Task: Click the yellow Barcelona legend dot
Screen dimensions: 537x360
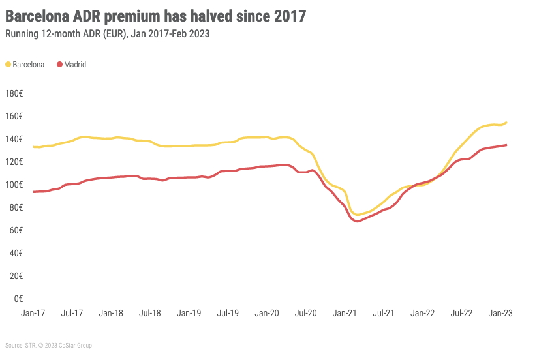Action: click(x=8, y=65)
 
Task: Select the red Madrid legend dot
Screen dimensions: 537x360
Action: click(x=59, y=65)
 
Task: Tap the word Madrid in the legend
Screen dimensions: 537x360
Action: click(x=75, y=65)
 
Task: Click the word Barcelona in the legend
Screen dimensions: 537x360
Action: click(x=29, y=65)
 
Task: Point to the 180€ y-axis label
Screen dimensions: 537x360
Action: click(x=14, y=93)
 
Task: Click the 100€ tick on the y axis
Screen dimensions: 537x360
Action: click(x=14, y=185)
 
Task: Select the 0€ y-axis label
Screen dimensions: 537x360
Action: click(x=18, y=299)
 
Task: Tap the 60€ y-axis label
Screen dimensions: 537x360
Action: click(x=16, y=230)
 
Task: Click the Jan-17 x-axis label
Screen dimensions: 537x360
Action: click(x=33, y=313)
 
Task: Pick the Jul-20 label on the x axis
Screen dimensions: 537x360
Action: click(x=306, y=313)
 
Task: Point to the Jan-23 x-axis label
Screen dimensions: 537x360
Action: click(x=500, y=313)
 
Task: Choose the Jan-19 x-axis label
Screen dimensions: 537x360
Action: click(x=189, y=313)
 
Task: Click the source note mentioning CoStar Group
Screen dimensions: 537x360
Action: click(x=49, y=345)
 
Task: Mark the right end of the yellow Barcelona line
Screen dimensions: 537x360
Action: click(x=506, y=122)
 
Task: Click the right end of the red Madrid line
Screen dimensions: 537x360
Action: click(x=506, y=145)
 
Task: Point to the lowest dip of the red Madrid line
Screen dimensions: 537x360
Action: click(x=358, y=221)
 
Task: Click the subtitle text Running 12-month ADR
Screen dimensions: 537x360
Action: click(x=65, y=33)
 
